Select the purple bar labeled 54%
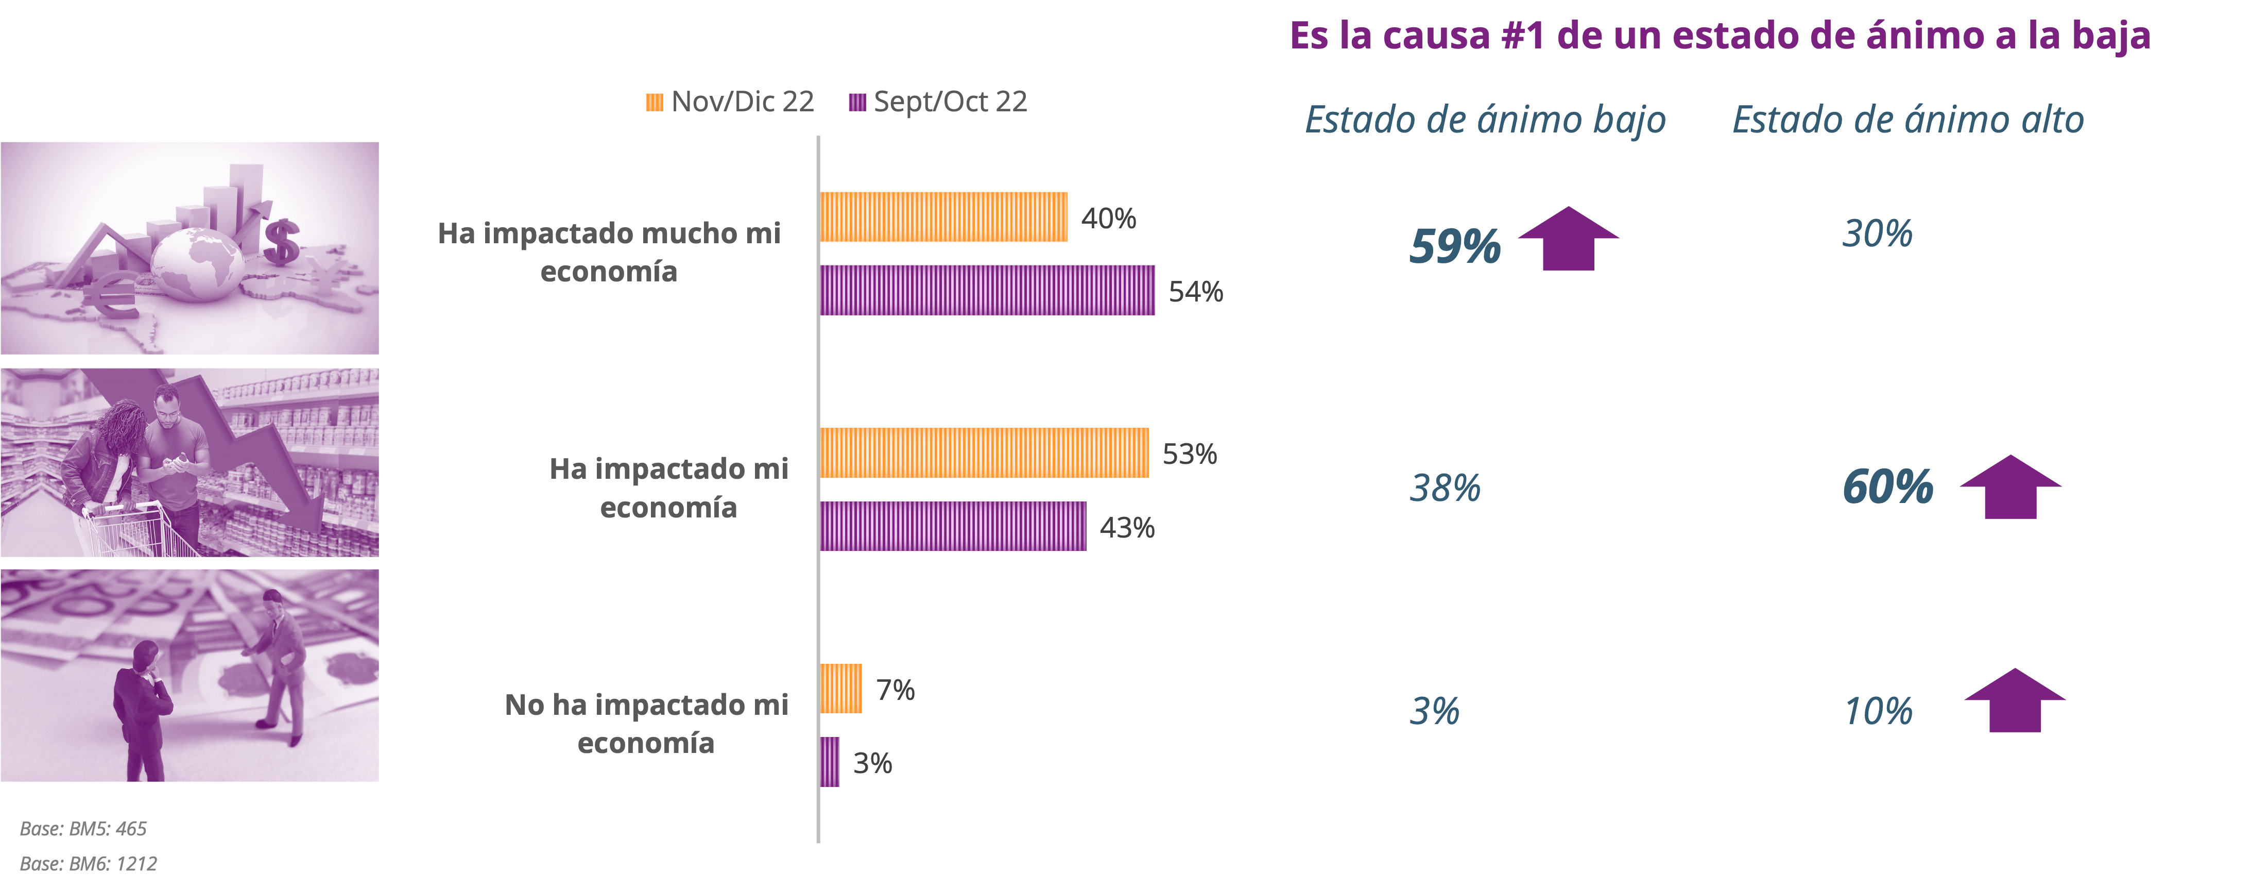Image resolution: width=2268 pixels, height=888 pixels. point(987,290)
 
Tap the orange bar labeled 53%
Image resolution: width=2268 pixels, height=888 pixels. point(984,453)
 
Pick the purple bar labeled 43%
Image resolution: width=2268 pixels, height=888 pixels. point(953,527)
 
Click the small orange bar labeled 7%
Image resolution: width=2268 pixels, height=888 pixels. point(841,689)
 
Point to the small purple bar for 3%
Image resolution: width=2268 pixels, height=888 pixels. point(829,762)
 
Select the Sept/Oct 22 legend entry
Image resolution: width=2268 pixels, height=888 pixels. point(938,102)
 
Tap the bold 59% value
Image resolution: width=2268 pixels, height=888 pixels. point(1454,246)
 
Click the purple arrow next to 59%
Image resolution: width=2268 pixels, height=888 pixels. point(1568,238)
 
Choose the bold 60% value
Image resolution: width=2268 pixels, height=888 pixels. point(1887,487)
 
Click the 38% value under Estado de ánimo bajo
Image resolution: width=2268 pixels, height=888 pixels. point(1445,487)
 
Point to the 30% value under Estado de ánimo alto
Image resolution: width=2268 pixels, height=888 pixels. point(1877,233)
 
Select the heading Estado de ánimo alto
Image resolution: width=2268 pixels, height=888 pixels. point(1908,120)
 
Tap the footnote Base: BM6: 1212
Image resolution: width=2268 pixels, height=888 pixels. point(88,863)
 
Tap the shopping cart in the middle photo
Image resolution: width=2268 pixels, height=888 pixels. point(132,529)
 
